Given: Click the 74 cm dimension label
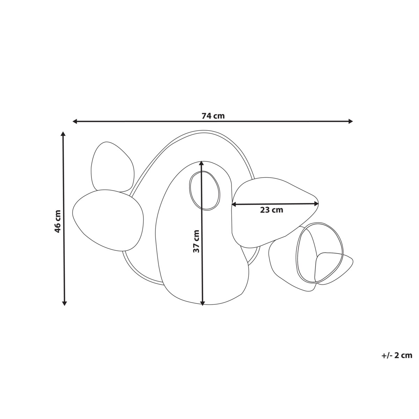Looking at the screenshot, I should click(213, 116).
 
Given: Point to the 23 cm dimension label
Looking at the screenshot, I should click(271, 210).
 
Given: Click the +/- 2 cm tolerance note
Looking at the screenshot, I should click(397, 356).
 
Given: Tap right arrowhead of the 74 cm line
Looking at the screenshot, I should click(350, 122).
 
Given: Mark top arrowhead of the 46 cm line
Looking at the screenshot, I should click(63, 134).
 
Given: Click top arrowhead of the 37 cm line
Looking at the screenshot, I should click(201, 163).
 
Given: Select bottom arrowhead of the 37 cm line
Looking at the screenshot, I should click(202, 303).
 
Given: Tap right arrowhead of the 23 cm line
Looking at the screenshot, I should click(316, 203).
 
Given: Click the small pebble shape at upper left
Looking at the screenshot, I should click(112, 166).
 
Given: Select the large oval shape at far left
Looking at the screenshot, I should click(108, 220).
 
